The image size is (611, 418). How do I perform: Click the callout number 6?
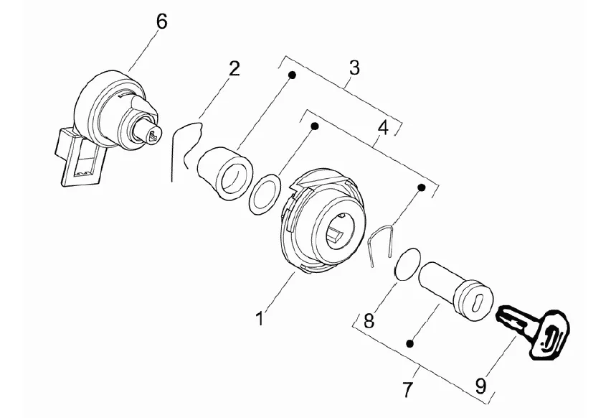tap(161, 22)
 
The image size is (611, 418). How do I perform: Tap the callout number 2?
tap(234, 68)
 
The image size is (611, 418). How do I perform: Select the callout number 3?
tap(354, 68)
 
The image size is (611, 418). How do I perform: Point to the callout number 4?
tap(384, 128)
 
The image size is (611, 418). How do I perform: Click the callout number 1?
tap(259, 318)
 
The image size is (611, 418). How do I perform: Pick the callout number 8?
tap(369, 321)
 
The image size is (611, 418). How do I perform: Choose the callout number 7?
tap(407, 389)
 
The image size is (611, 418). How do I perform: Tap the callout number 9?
tap(480, 386)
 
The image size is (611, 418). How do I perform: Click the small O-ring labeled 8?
tap(407, 264)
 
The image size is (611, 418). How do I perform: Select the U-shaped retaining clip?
tap(381, 244)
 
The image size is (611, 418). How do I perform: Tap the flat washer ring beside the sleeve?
tap(265, 194)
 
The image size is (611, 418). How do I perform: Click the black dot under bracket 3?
tap(292, 75)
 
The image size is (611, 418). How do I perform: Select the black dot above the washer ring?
tap(315, 126)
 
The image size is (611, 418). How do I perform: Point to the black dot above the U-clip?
tap(421, 187)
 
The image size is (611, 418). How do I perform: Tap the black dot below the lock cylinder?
tap(409, 343)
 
